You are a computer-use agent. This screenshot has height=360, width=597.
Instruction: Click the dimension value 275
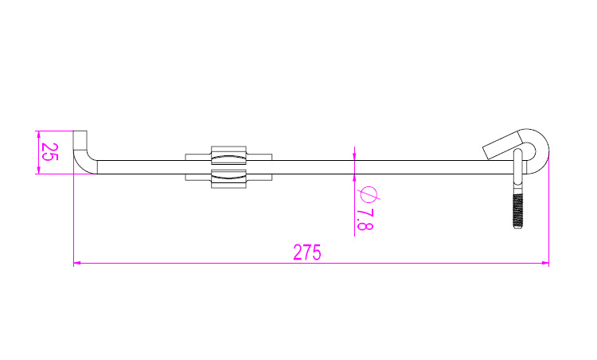pyautogui.click(x=307, y=252)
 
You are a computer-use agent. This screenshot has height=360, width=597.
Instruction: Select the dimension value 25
pyautogui.click(x=49, y=152)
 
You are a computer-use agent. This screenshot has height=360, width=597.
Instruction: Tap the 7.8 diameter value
pyautogui.click(x=365, y=220)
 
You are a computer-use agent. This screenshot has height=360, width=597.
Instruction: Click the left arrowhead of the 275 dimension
pyautogui.click(x=77, y=263)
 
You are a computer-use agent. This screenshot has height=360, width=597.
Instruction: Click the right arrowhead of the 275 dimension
pyautogui.click(x=544, y=263)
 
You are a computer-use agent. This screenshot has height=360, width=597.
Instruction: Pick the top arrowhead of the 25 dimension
pyautogui.click(x=38, y=135)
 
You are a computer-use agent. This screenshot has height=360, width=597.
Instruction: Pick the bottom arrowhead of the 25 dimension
pyautogui.click(x=38, y=170)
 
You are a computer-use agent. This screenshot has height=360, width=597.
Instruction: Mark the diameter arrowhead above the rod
pyautogui.click(x=354, y=157)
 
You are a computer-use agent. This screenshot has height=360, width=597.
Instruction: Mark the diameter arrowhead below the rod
pyautogui.click(x=354, y=178)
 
